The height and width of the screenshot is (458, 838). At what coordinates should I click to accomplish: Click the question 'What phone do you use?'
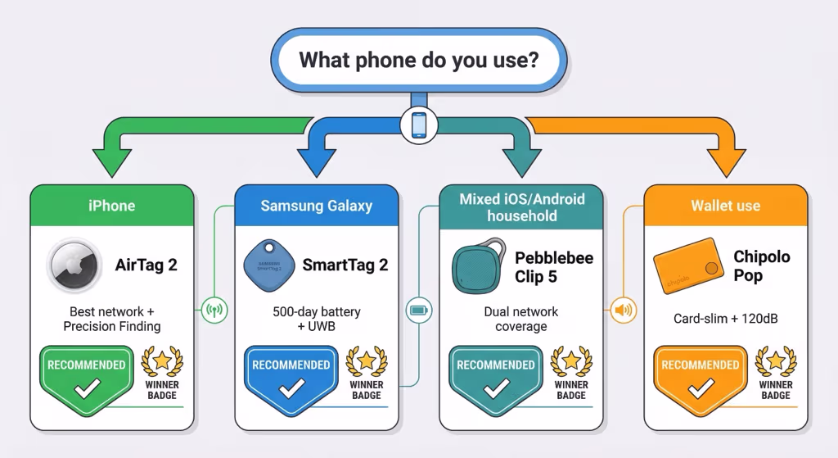click(x=418, y=61)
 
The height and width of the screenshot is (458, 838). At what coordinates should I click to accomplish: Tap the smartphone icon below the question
click(x=418, y=125)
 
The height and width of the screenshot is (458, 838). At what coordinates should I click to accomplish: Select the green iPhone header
click(x=111, y=205)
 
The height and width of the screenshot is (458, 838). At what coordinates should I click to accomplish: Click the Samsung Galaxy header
click(x=316, y=205)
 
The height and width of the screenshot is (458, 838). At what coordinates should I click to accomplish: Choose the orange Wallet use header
click(x=726, y=205)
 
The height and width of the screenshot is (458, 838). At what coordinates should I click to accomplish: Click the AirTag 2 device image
click(x=74, y=265)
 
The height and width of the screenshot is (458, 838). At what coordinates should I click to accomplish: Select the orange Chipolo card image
click(x=686, y=264)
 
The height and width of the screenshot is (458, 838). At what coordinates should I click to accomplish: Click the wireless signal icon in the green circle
click(x=214, y=310)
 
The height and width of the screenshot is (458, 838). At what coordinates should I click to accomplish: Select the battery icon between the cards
click(x=418, y=310)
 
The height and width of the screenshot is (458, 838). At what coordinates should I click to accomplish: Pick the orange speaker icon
click(x=624, y=310)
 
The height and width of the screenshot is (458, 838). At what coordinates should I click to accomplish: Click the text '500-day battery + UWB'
click(x=316, y=320)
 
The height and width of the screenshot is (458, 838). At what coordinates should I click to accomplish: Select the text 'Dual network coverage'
click(x=520, y=320)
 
